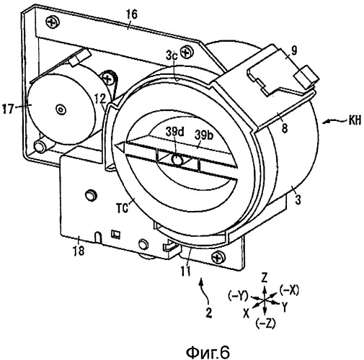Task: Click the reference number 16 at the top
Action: point(131,14)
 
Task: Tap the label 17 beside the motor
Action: point(7,109)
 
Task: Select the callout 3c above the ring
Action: point(172,55)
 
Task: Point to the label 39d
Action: point(174,132)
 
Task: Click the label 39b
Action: point(204,135)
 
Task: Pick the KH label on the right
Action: point(355,120)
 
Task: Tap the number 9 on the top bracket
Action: point(294,50)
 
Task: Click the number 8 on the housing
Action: point(285,128)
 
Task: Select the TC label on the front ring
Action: point(122,208)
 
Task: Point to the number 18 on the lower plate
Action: point(79,251)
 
